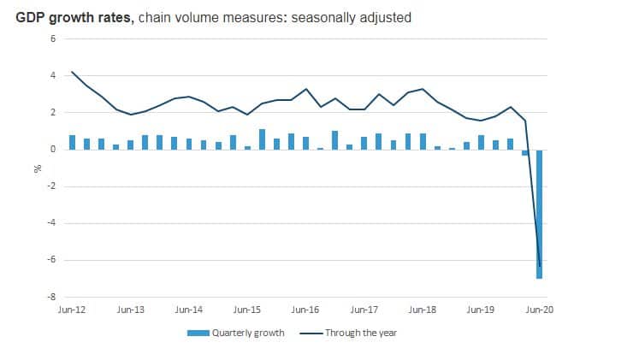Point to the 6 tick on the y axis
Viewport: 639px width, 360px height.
[x=52, y=39]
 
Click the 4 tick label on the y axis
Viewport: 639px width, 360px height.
[x=52, y=76]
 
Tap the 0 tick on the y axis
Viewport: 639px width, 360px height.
[x=52, y=150]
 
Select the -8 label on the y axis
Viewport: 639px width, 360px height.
[x=50, y=297]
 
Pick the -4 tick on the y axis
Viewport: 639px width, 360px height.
[x=50, y=223]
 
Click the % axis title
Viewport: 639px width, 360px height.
[x=37, y=168]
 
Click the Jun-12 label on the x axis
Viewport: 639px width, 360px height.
[x=71, y=310]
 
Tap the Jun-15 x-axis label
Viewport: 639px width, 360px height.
[x=247, y=310]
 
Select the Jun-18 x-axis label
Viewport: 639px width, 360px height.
[x=423, y=310]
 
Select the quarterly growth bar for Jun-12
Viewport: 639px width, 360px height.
[x=73, y=143]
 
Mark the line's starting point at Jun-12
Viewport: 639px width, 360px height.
[x=72, y=73]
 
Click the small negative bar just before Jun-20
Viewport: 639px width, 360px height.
[x=525, y=152]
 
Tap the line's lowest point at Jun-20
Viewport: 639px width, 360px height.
[x=540, y=266]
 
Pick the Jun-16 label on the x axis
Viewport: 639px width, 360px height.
[x=306, y=310]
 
